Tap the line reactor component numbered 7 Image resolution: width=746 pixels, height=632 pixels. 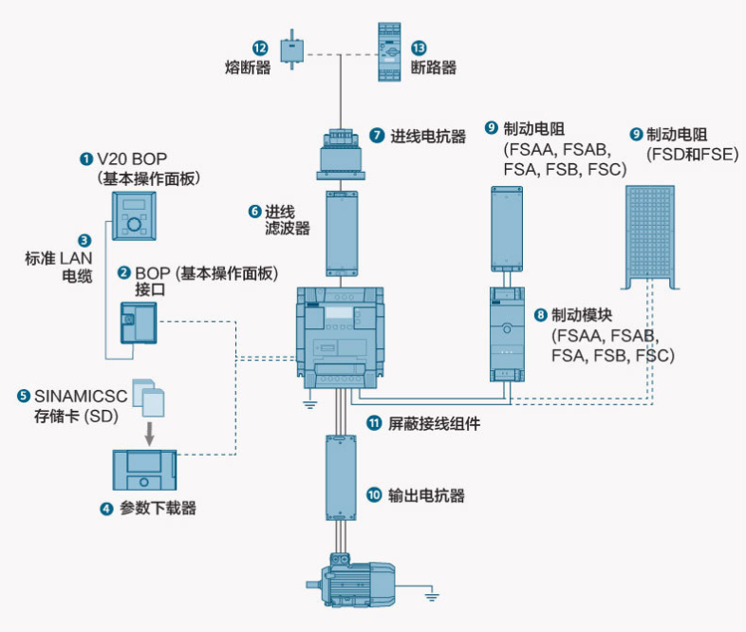(340, 152)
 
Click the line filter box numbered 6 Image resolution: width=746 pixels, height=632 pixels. (341, 233)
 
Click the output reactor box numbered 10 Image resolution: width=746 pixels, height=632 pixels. (340, 478)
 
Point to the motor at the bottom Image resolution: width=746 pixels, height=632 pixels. (350, 583)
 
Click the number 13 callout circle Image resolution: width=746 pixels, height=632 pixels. (419, 47)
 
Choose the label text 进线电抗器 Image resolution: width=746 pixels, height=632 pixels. (428, 137)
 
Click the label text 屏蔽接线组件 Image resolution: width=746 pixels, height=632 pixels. (434, 423)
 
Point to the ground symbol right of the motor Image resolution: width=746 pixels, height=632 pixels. (432, 596)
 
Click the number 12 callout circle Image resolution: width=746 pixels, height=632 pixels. (259, 47)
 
